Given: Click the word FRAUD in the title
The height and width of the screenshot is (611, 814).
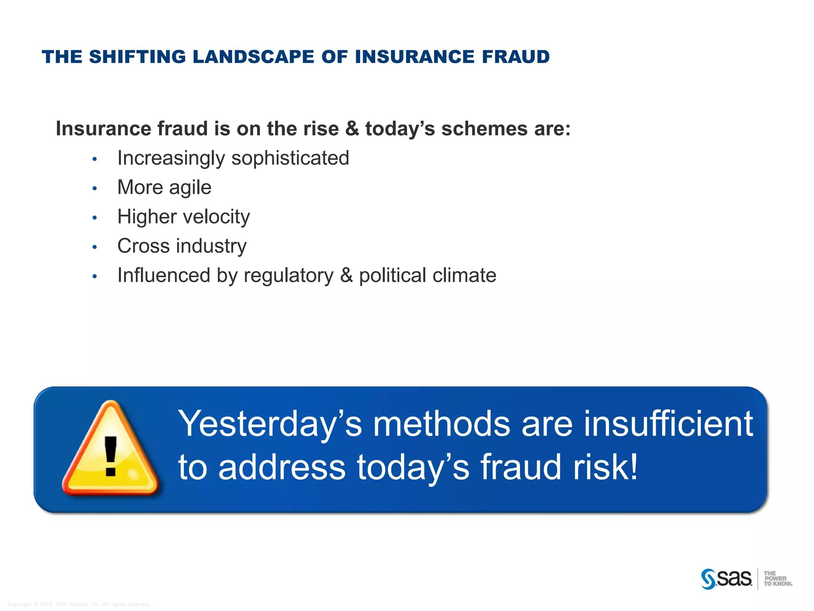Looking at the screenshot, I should click(x=516, y=57).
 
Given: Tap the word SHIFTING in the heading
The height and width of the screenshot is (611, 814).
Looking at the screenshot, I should click(x=137, y=57).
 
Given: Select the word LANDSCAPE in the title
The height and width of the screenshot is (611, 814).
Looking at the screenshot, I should click(x=253, y=57).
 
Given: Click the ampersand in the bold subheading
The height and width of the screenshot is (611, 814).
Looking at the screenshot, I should click(x=352, y=129).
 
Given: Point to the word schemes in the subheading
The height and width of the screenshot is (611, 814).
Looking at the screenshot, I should click(x=484, y=129).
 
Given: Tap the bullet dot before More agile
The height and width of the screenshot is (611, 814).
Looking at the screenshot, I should click(x=95, y=189).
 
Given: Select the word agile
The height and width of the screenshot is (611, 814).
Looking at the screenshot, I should click(x=190, y=188).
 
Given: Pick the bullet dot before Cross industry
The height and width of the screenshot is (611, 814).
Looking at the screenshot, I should click(x=95, y=247).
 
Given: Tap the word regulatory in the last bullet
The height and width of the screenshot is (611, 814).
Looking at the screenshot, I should click(x=289, y=276).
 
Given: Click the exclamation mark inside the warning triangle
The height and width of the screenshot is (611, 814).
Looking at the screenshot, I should click(x=110, y=456).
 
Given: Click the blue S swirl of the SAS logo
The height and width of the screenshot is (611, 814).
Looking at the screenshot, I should click(x=708, y=579).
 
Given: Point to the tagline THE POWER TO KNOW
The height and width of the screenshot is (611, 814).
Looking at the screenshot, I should click(x=777, y=579).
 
